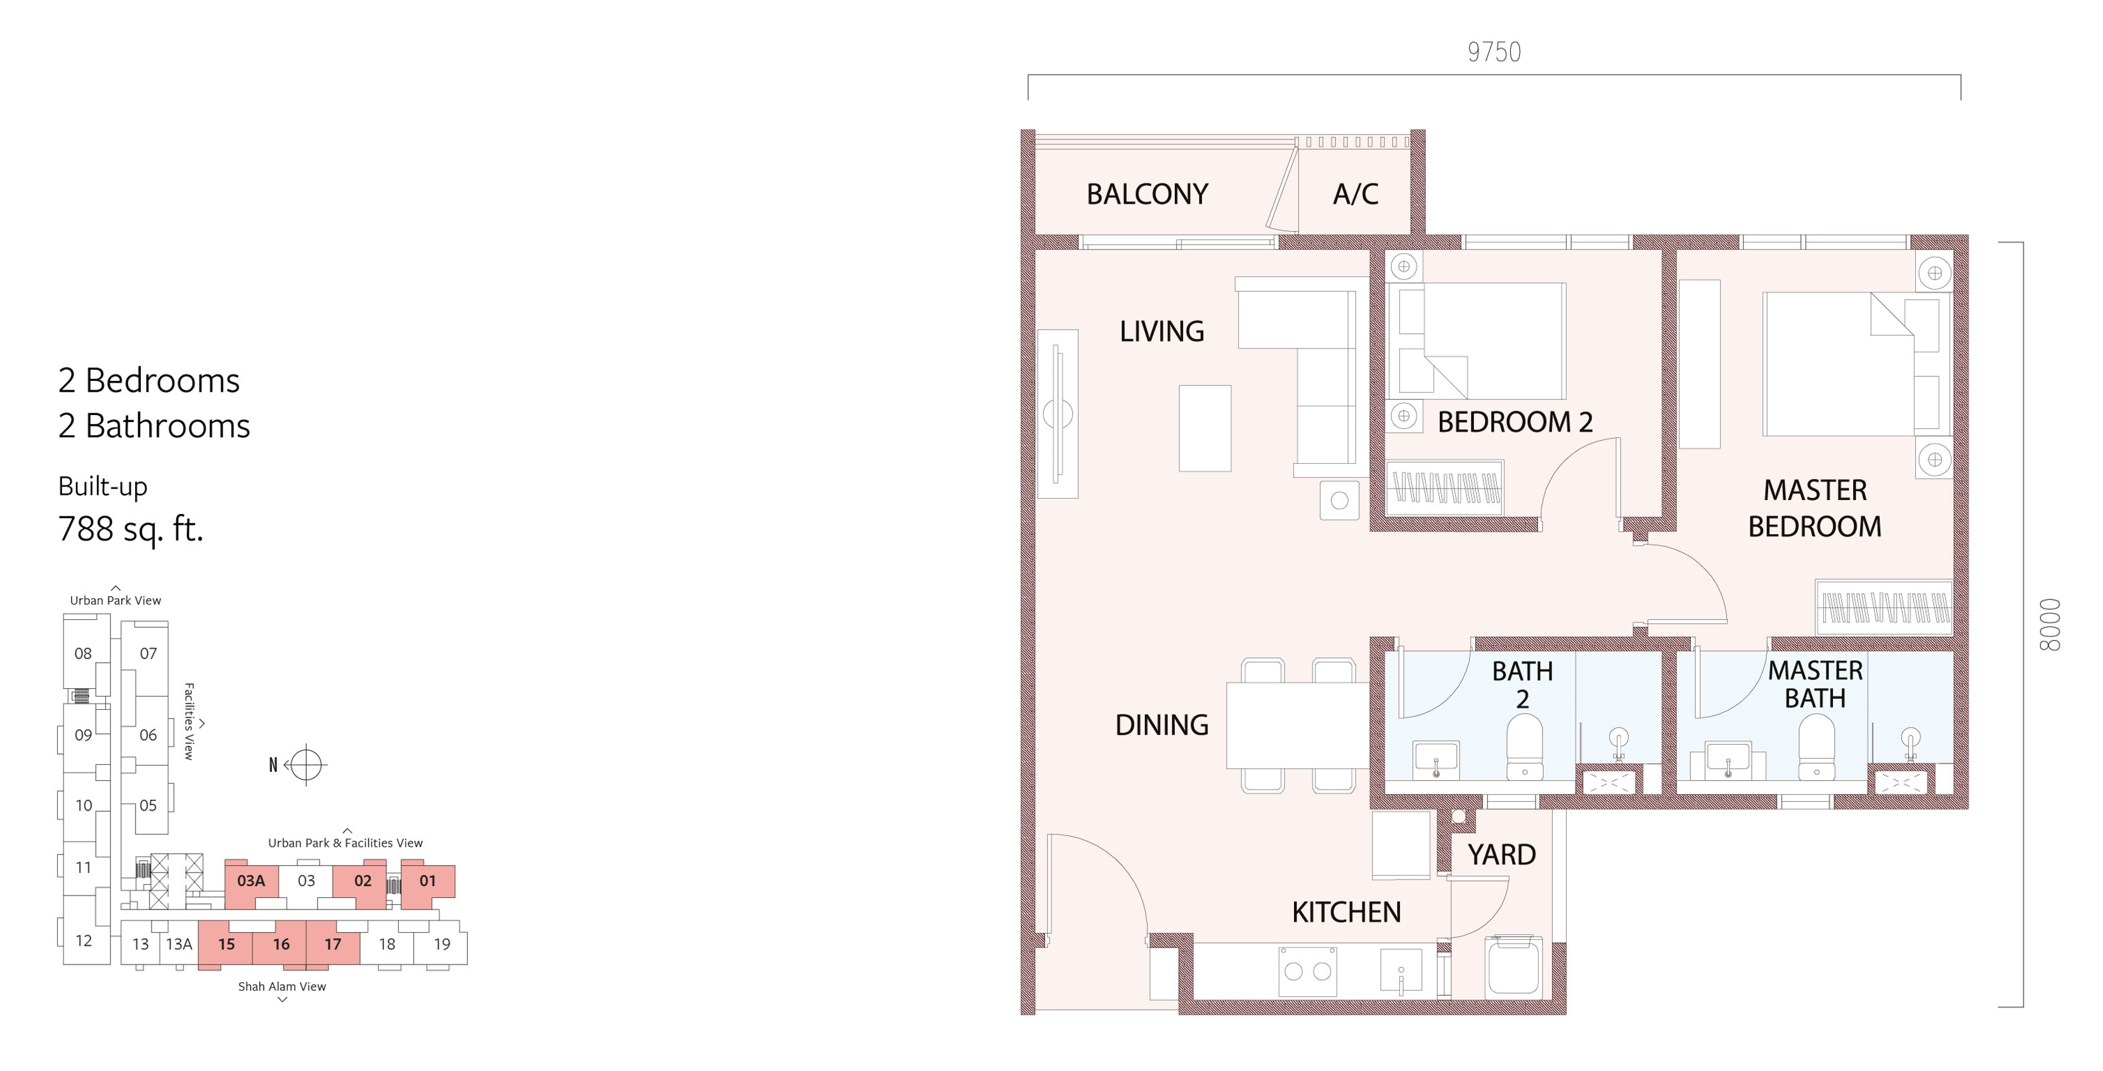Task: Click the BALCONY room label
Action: (x=1147, y=195)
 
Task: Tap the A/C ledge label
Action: (x=1356, y=195)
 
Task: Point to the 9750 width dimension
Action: (x=1494, y=52)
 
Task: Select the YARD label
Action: (x=1501, y=855)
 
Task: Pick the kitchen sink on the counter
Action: (x=1401, y=972)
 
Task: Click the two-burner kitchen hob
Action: (x=1308, y=972)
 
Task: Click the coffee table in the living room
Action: (x=1205, y=428)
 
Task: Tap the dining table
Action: (x=1297, y=726)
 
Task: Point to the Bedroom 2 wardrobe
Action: (x=1444, y=488)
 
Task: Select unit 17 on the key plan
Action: (x=333, y=944)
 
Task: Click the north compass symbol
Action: (x=306, y=765)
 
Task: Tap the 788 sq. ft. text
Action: (x=131, y=530)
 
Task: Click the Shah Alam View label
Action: (x=281, y=987)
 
